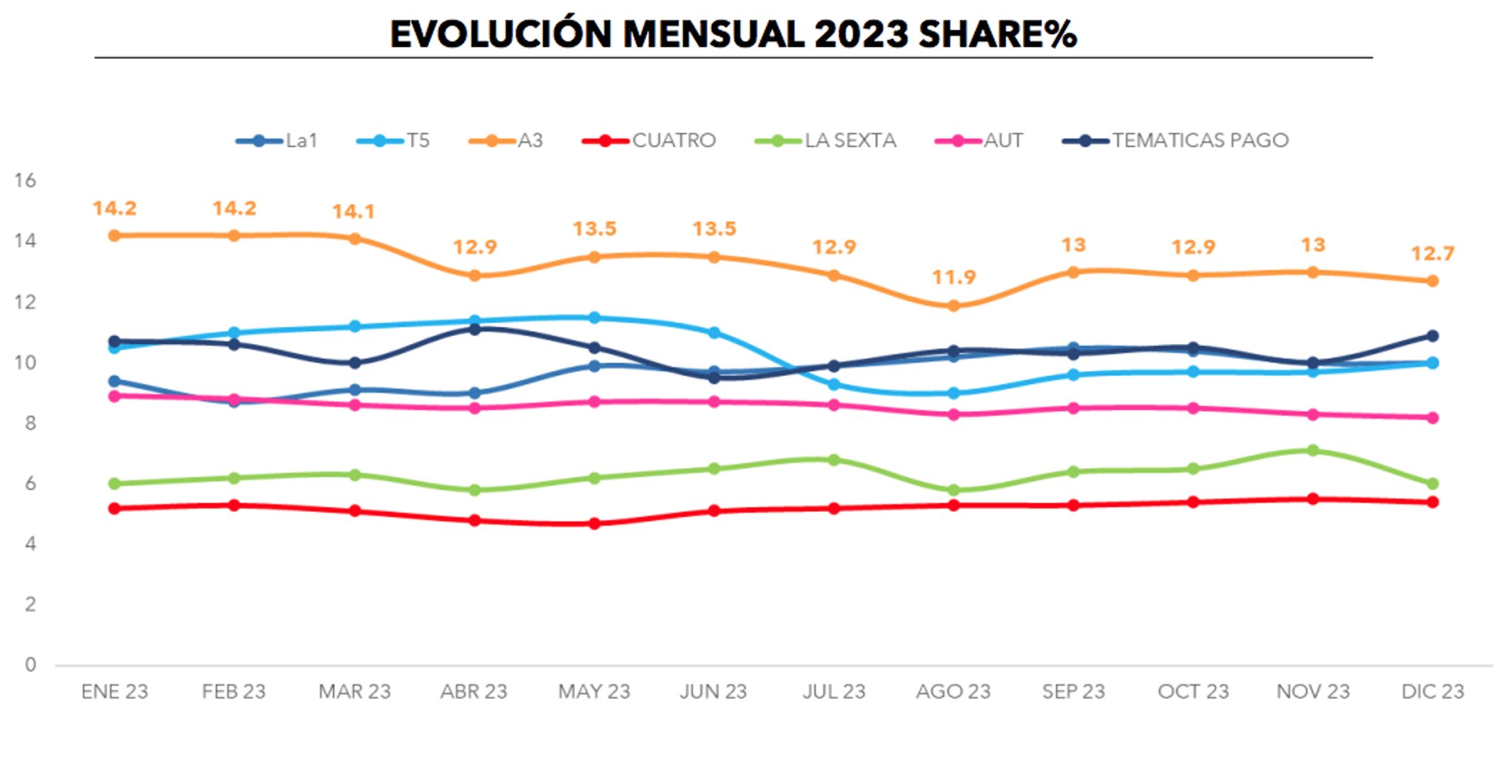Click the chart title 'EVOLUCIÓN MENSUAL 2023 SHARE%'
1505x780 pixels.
[733, 34]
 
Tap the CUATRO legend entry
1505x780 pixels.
[650, 140]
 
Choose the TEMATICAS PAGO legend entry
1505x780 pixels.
[1176, 140]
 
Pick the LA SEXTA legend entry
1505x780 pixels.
[826, 140]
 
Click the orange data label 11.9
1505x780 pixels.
[953, 277]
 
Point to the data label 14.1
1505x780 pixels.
[353, 211]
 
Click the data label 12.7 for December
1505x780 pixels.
[1432, 253]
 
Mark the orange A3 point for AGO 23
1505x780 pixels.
[953, 306]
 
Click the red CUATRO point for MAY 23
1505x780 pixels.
[594, 523]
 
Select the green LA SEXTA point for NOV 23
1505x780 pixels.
[1312, 450]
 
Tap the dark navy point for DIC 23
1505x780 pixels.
[1432, 335]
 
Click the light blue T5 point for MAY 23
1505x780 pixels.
[594, 318]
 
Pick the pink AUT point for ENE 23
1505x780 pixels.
[114, 396]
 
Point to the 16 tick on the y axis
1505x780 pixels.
[26, 180]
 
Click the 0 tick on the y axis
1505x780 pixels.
[30, 664]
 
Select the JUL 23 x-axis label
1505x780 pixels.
[834, 691]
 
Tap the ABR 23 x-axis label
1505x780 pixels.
[474, 691]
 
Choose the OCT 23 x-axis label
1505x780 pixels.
[1193, 691]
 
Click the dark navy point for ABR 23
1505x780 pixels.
[474, 329]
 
